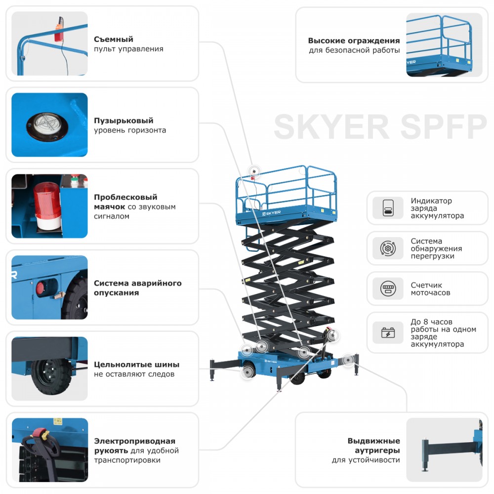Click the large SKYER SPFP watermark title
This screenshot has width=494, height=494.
point(380,127)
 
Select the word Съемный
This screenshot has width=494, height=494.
point(114,40)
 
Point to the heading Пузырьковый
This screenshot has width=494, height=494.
point(123,121)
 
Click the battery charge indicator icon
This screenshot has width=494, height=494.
point(388,208)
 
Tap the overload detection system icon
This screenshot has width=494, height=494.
point(388,248)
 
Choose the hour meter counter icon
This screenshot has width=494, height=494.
point(388,288)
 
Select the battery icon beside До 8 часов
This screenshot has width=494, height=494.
point(388,332)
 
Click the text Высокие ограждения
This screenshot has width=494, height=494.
point(354,41)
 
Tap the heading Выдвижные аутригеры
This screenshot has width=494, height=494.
point(373,446)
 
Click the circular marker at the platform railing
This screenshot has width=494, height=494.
point(255,171)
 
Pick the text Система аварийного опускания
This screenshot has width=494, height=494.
point(137,288)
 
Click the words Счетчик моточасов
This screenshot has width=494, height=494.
point(430,288)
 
